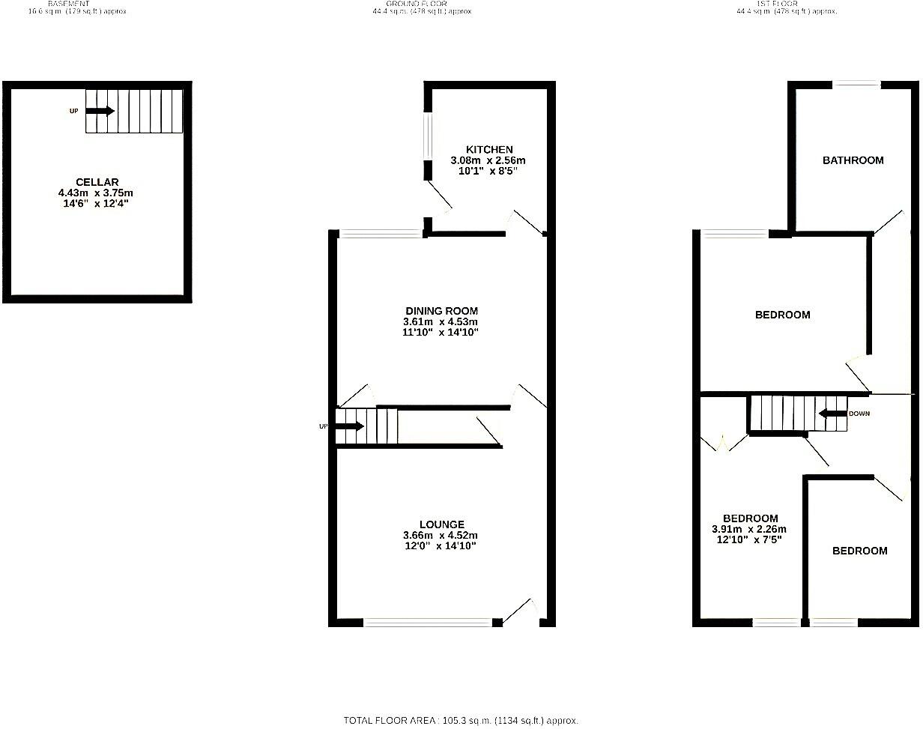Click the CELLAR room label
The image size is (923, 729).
click(97, 182)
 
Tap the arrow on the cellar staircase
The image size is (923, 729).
click(100, 111)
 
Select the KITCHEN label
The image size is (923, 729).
click(489, 150)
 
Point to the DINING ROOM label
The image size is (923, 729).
click(441, 311)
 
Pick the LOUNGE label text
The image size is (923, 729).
click(442, 524)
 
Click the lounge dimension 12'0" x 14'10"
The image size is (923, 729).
click(441, 546)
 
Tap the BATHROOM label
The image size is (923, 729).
click(853, 160)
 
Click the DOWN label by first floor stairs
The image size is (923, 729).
click(859, 414)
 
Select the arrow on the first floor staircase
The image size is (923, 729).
click(832, 414)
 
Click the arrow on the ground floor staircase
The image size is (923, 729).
click(349, 426)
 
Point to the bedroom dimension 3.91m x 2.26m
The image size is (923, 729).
click(750, 529)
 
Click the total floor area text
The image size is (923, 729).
click(461, 720)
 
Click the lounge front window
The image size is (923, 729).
click(428, 621)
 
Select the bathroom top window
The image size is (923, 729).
click(857, 85)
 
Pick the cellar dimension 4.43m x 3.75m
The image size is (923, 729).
click(97, 193)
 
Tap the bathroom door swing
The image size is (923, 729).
click(889, 223)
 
